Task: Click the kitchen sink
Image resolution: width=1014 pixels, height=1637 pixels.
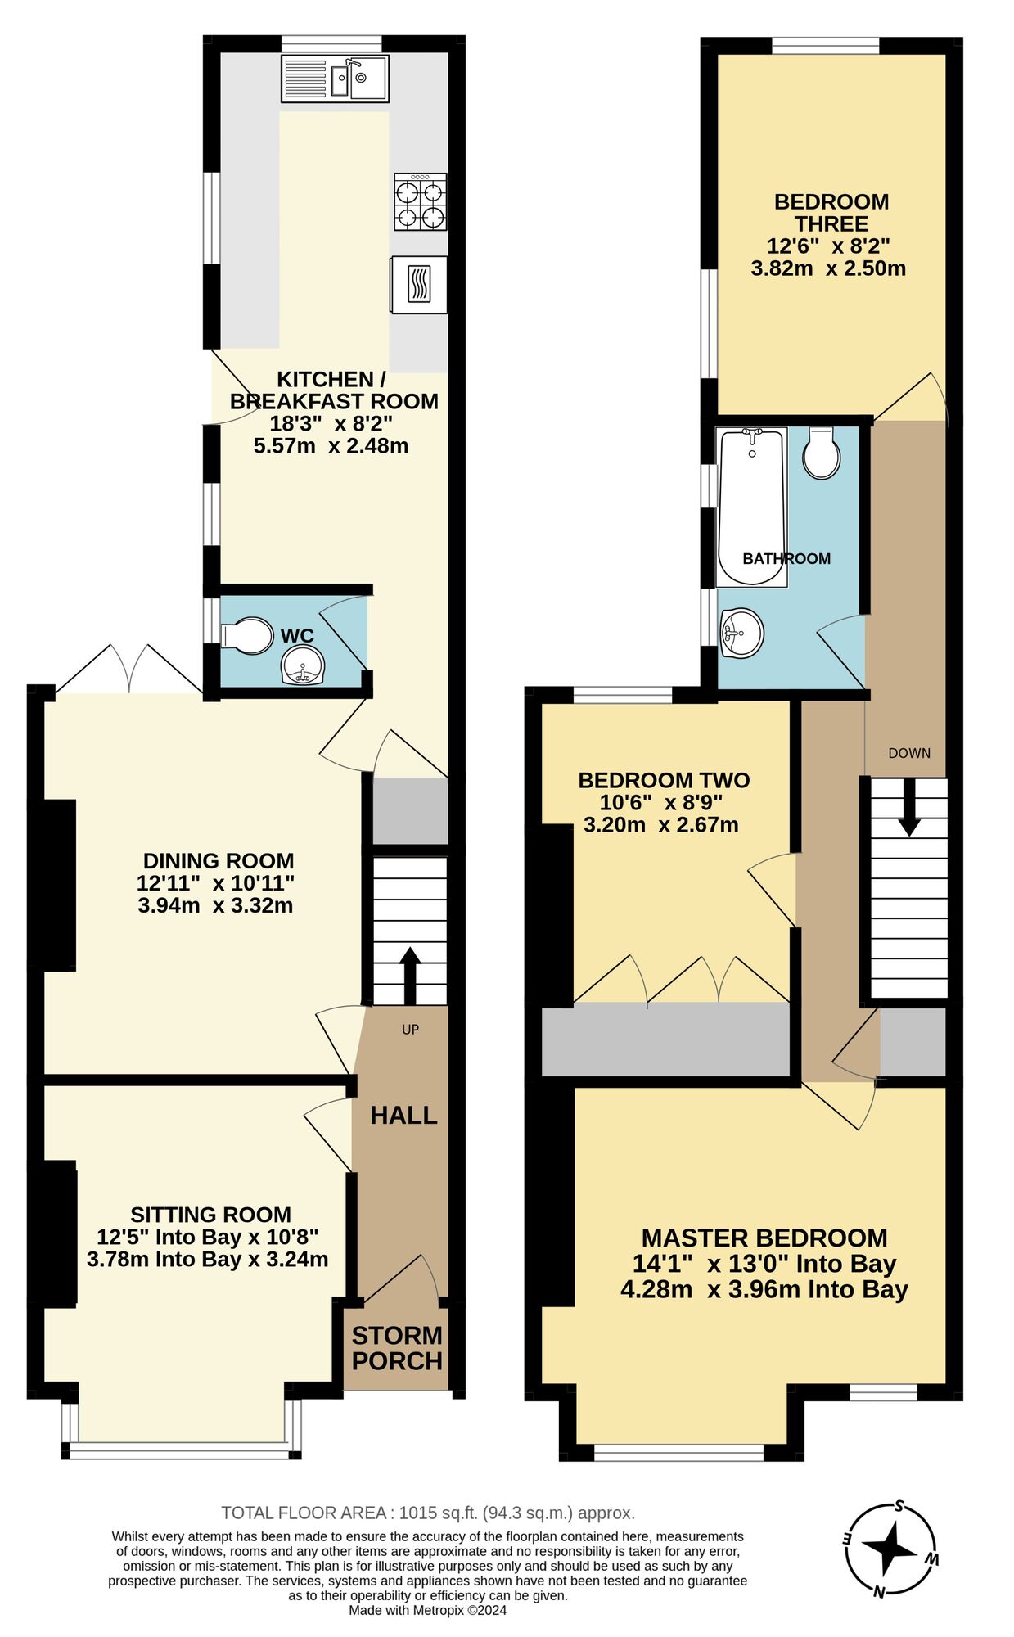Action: coord(335,79)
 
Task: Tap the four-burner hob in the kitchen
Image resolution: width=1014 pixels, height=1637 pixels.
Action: coord(421,201)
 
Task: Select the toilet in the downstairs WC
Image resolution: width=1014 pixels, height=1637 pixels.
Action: coord(247,635)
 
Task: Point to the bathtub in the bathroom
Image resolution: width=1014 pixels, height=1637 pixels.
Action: coord(751,507)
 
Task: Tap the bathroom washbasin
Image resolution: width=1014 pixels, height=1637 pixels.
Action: coord(741,632)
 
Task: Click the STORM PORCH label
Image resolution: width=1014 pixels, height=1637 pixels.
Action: coord(397,1348)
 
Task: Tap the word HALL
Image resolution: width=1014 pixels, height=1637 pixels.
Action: coord(403,1115)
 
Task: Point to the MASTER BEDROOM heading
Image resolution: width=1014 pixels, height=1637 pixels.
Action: coord(764,1237)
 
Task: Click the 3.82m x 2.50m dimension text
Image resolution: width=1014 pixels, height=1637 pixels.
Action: coord(828,268)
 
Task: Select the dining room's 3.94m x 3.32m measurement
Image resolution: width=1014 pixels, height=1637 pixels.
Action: coord(215,905)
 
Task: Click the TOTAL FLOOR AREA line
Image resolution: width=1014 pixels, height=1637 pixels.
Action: coord(428,1513)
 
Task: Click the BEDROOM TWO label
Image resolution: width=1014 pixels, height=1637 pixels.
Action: coord(664,780)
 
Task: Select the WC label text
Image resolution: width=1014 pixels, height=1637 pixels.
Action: coord(297,635)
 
